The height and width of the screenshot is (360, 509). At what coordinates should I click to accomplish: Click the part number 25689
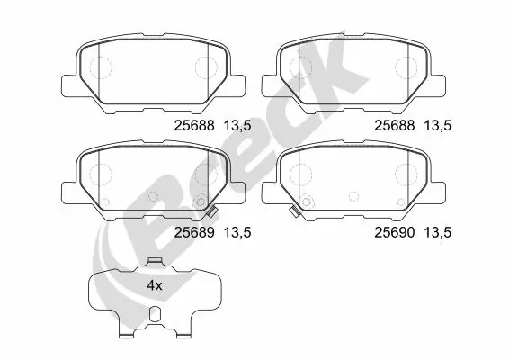tap(189, 232)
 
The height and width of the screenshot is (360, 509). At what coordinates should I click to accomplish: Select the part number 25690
tap(391, 232)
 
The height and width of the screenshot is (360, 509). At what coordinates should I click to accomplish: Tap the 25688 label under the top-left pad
tap(189, 127)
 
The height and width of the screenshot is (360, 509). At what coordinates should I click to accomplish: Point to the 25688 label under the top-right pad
tap(391, 127)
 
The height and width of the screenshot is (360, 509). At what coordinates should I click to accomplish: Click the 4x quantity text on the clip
tap(155, 284)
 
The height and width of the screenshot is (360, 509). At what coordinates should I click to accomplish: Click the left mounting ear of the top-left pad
tap(67, 85)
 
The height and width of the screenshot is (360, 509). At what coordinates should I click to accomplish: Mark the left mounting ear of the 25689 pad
tap(67, 191)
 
